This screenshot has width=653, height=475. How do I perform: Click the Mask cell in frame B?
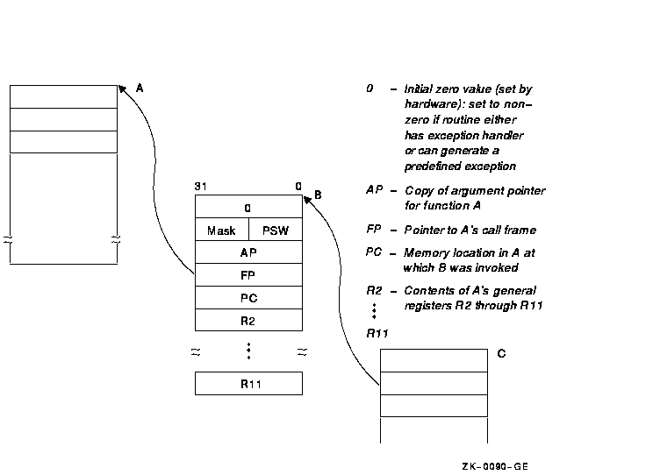(x=221, y=230)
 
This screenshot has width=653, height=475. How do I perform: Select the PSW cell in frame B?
(x=276, y=230)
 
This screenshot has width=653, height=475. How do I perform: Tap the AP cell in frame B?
(x=248, y=252)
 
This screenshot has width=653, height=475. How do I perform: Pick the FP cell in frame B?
(x=248, y=275)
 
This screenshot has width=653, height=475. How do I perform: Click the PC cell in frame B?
(x=248, y=298)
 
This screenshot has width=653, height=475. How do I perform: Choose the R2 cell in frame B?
(x=248, y=321)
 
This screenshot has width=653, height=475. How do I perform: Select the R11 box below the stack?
(x=248, y=384)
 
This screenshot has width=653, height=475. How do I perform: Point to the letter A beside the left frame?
(x=140, y=88)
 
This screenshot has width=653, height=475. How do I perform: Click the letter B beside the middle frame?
(x=318, y=195)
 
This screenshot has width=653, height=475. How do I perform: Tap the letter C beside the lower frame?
(x=501, y=354)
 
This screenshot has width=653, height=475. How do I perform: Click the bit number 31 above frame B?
(x=200, y=187)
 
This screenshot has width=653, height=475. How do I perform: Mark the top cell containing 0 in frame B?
(x=248, y=208)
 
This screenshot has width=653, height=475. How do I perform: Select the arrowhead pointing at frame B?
(x=306, y=199)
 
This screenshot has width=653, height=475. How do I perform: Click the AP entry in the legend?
(x=374, y=191)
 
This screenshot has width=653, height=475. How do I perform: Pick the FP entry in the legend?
(x=374, y=230)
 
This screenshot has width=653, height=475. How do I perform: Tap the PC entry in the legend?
(x=374, y=253)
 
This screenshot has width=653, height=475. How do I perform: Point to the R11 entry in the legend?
(x=377, y=332)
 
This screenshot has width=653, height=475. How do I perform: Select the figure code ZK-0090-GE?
(x=495, y=465)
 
